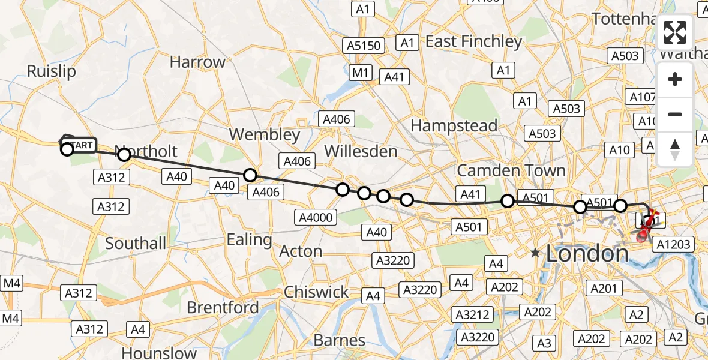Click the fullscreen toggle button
(x=675, y=33)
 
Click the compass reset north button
(x=675, y=149)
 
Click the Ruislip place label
(x=52, y=71)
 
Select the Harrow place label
(x=197, y=62)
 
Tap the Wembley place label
(x=264, y=134)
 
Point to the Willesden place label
(x=361, y=151)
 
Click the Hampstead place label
(x=454, y=126)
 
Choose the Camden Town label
(x=511, y=170)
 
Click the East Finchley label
(x=474, y=41)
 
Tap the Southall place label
(x=136, y=243)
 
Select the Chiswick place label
(x=316, y=292)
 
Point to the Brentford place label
(x=223, y=308)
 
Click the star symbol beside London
(x=535, y=254)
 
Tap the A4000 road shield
(x=317, y=217)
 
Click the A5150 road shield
(x=364, y=46)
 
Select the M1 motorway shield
(x=360, y=73)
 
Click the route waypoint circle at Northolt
(x=124, y=155)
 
